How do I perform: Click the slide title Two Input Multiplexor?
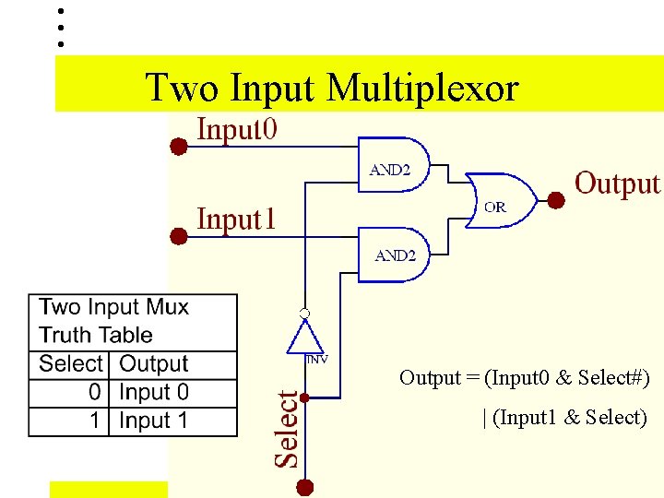tap(332, 89)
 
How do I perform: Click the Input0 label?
tap(236, 129)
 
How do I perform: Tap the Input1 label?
tap(236, 219)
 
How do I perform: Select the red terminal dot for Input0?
tap(180, 146)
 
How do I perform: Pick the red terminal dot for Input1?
tap(180, 236)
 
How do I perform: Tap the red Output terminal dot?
tap(556, 200)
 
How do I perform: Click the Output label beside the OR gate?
tap(617, 184)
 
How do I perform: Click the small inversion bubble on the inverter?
tap(304, 314)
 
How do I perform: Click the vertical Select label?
tap(288, 428)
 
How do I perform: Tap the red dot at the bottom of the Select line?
tap(305, 487)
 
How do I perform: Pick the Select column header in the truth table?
tap(71, 364)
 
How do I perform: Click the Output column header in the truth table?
tap(153, 364)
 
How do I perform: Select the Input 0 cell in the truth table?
tap(153, 392)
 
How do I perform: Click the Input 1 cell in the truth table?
tap(153, 421)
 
